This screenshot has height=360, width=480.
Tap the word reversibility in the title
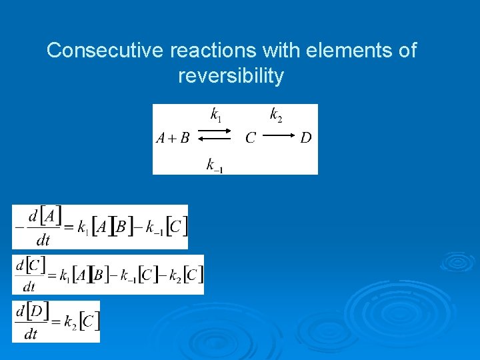[231, 76]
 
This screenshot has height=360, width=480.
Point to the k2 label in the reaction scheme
[275, 115]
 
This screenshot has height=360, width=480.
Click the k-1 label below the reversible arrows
[214, 165]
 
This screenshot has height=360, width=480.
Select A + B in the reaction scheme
[173, 139]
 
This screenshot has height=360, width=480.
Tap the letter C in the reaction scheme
[251, 139]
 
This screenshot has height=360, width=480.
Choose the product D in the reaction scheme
[305, 139]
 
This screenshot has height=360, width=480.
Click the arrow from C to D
[278, 138]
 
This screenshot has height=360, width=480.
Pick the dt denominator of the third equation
[30, 333]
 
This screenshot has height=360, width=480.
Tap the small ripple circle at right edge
[457, 261]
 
